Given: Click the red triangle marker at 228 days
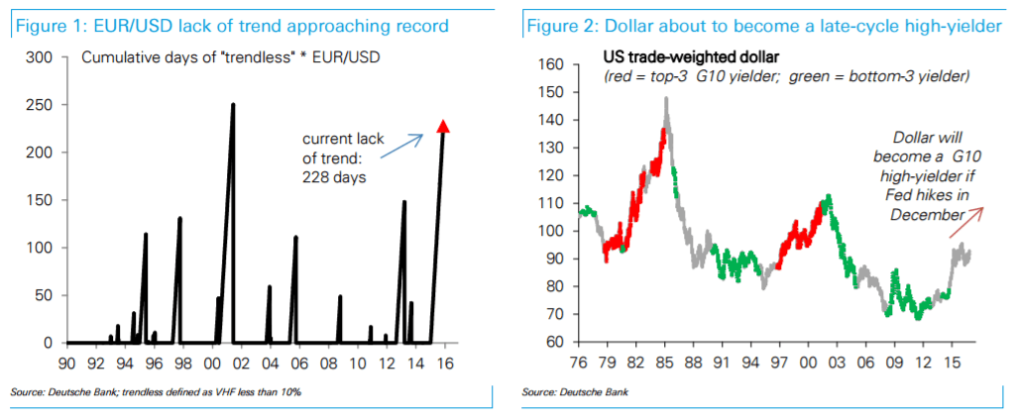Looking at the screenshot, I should pyautogui.click(x=443, y=126).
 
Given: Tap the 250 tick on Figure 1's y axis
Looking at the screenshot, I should pyautogui.click(x=39, y=105).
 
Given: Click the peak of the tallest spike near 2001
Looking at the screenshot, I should pyautogui.click(x=233, y=105).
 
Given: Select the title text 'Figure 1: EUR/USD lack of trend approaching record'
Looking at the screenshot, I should pyautogui.click(x=230, y=25).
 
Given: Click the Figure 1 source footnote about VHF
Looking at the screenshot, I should pyautogui.click(x=156, y=393).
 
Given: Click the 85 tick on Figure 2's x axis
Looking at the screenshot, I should pyautogui.click(x=666, y=364).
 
